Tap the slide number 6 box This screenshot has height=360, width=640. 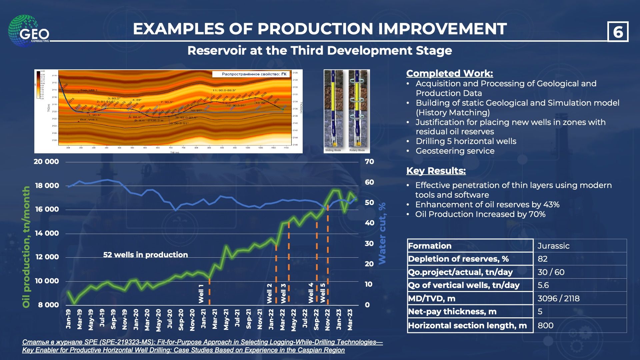click(x=618, y=32)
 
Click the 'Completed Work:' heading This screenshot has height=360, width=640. click(x=449, y=73)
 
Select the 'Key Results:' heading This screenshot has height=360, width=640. click(x=436, y=171)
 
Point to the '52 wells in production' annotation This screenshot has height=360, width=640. click(x=145, y=255)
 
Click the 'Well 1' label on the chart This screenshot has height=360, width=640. click(x=201, y=293)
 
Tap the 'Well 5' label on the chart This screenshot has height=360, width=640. click(x=323, y=293)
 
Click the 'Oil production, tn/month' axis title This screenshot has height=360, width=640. click(x=26, y=247)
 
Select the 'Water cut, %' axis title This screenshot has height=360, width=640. click(x=382, y=233)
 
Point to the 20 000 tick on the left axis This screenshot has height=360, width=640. click(x=46, y=162)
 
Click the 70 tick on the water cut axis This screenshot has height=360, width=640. click(x=369, y=162)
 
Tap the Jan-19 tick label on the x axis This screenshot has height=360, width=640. click(x=68, y=319)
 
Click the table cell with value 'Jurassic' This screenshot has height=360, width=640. click(x=553, y=246)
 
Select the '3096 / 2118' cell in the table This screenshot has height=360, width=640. click(x=558, y=298)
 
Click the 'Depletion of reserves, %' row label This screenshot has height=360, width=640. click(x=458, y=259)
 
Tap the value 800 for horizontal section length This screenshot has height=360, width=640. click(x=545, y=325)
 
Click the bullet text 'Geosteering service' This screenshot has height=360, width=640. click(x=455, y=151)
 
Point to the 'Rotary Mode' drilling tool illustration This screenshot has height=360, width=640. click(x=357, y=110)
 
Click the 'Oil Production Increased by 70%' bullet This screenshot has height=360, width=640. click(x=480, y=214)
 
